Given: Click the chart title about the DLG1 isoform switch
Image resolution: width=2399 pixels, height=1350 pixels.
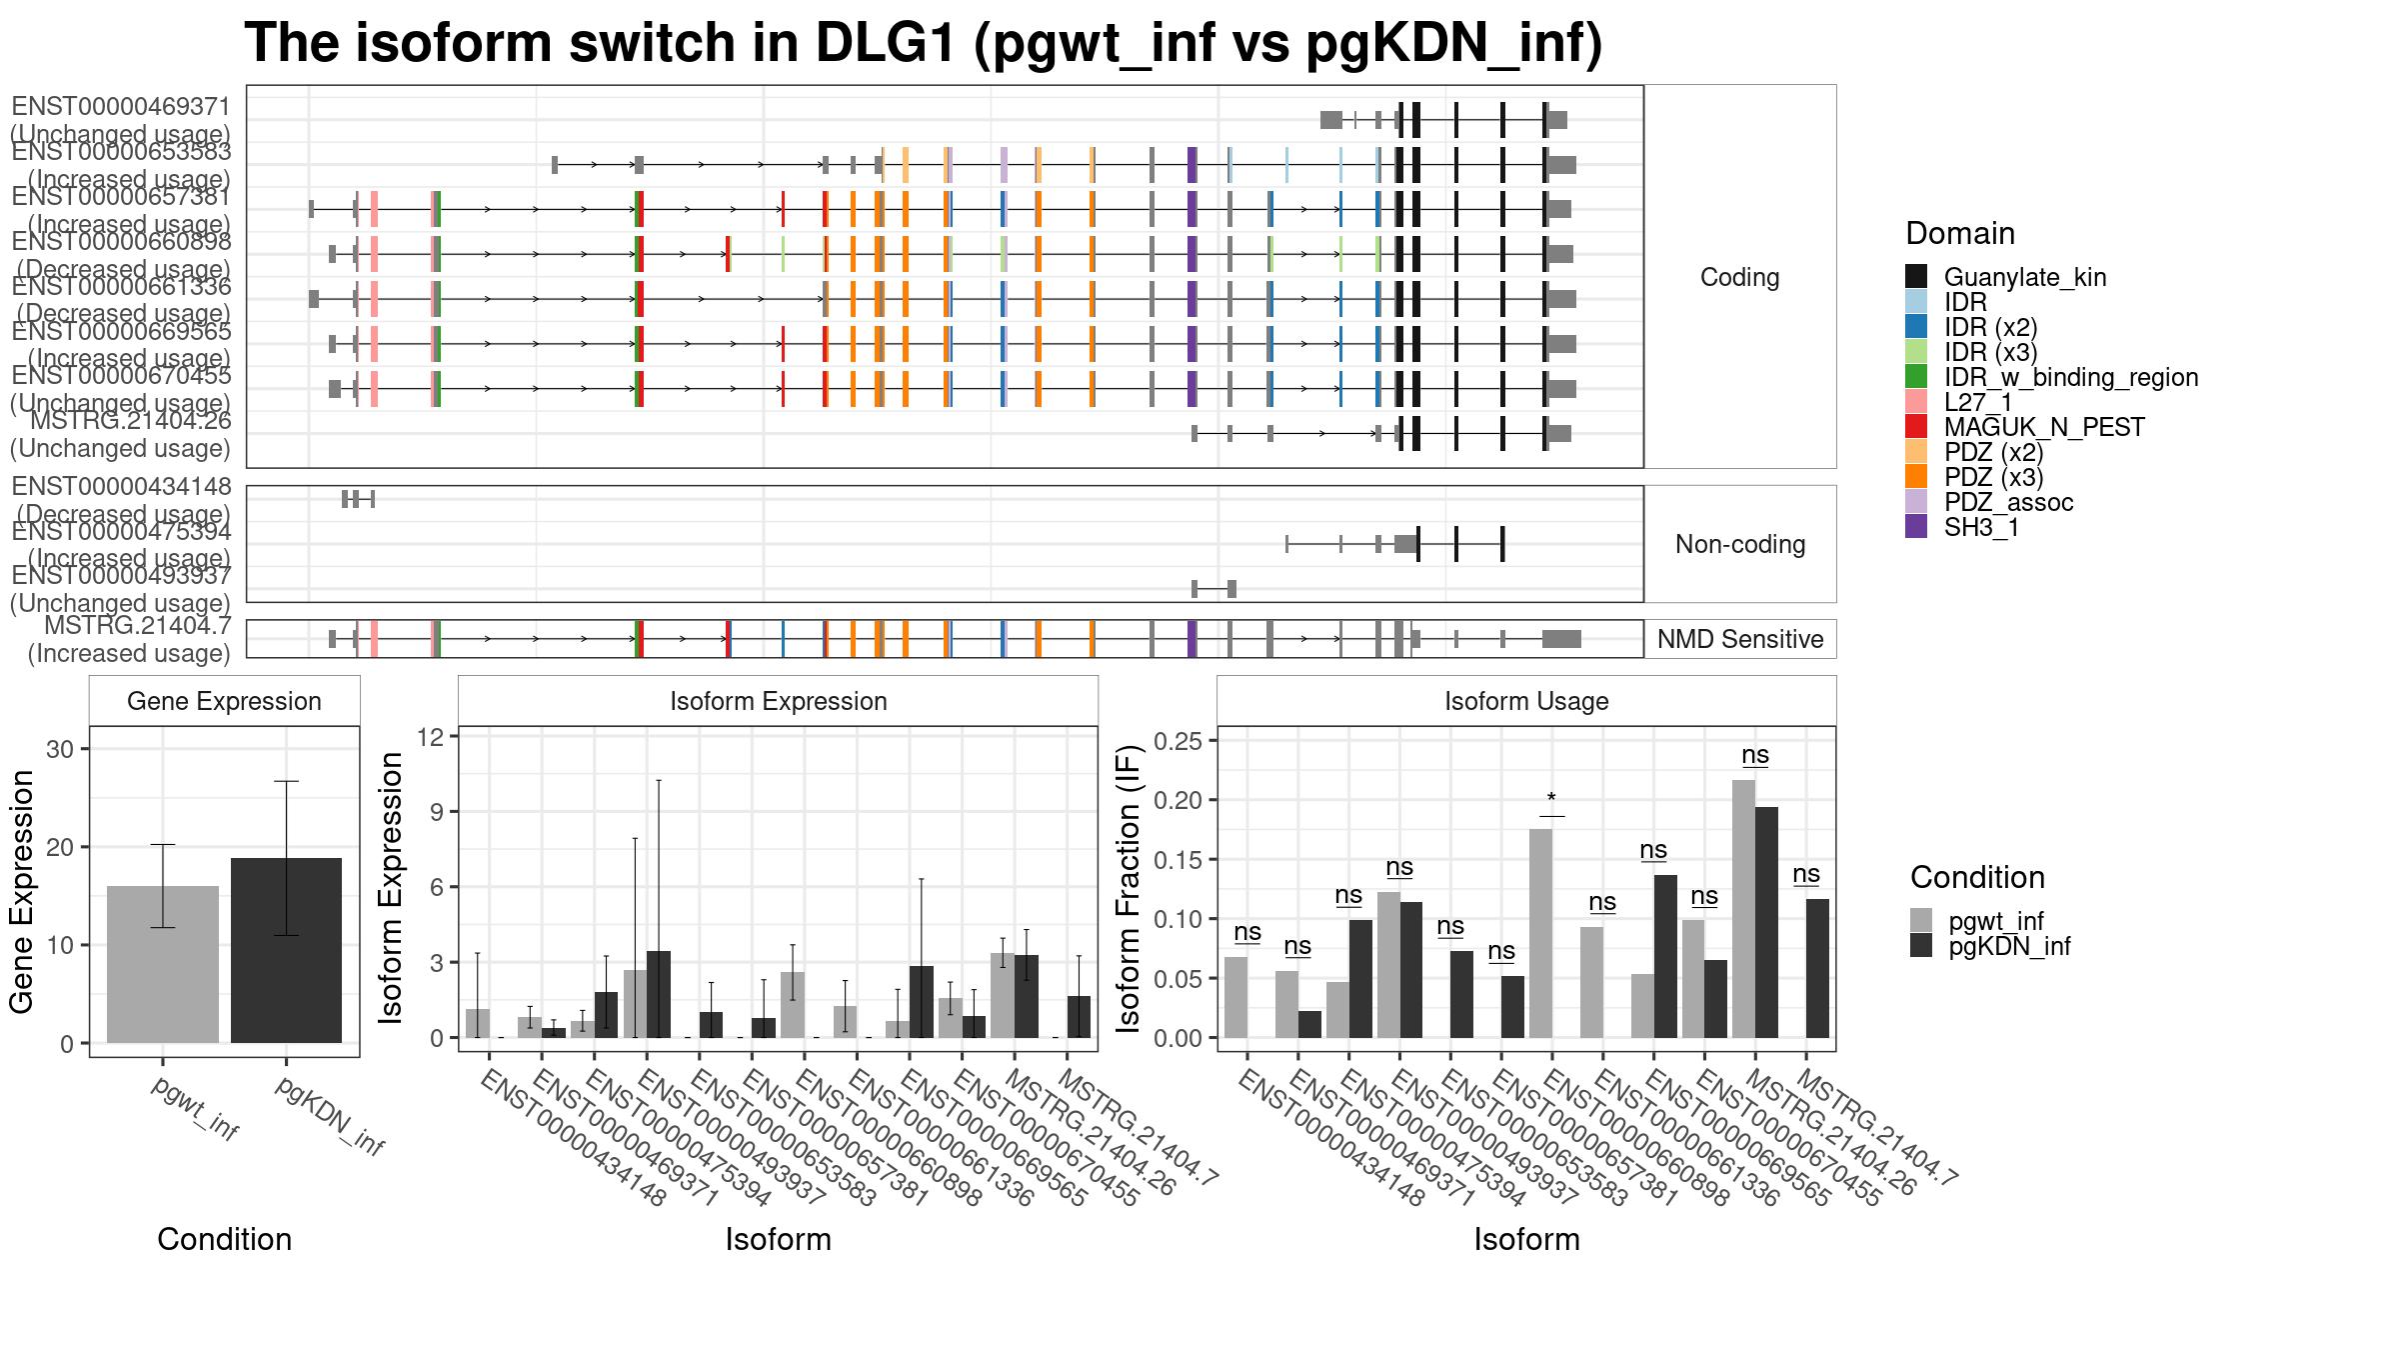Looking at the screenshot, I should coord(923,44).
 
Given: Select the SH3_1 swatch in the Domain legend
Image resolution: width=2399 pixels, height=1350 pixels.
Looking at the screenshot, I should coord(1916,527).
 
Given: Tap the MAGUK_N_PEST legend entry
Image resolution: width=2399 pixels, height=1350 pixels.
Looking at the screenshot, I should coord(2043,427).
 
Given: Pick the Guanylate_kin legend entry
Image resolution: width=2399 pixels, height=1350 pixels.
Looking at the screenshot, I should coord(2024,277).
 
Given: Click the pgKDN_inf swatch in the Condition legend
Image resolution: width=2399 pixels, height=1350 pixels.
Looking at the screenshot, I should coord(1921,946).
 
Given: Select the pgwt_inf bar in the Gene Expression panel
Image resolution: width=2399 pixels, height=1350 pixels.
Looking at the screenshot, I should coord(163,964).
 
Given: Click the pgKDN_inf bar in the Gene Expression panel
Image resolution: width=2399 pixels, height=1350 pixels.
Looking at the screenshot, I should coord(286,950).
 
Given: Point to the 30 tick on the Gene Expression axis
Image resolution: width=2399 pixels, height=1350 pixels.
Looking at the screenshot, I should coord(61,749).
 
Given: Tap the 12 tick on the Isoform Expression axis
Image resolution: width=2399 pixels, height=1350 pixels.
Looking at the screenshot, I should coord(431,737).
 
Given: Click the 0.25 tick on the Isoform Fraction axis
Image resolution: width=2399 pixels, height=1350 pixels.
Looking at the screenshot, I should coord(1176,741).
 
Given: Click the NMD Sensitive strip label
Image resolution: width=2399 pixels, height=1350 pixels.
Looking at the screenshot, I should coord(1739,639).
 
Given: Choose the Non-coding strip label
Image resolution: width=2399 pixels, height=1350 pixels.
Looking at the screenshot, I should coord(1739,544).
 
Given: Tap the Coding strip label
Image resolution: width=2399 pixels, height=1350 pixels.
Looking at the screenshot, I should coord(1739,277).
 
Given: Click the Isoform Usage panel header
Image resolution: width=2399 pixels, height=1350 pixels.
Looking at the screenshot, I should coord(1525,701).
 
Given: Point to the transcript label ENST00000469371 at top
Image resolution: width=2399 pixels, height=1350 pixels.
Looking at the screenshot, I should coord(121,107).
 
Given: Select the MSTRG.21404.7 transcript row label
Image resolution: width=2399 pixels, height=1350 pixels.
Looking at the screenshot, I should coord(137,627).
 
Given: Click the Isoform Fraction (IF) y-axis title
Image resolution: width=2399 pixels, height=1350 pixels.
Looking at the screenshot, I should coord(1129,888).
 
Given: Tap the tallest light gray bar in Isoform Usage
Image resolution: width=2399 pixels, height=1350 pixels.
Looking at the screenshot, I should coord(1743,908).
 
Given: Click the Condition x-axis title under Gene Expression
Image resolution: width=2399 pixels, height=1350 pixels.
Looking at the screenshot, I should coord(224,1239).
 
